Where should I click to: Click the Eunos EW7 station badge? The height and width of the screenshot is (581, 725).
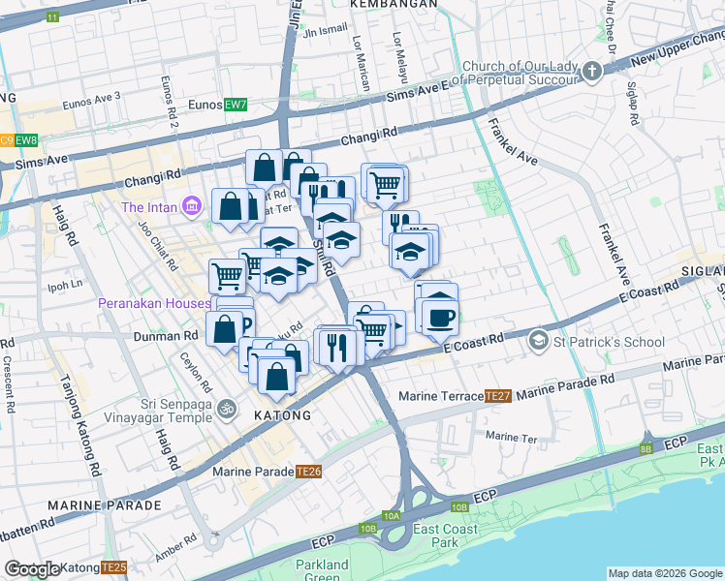(x=236, y=105)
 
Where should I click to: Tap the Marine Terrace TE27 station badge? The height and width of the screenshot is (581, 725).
(x=498, y=396)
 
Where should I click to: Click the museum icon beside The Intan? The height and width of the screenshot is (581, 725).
(x=191, y=206)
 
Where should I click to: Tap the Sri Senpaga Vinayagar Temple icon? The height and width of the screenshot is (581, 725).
(x=228, y=408)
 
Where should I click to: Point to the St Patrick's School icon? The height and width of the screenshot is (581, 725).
(x=537, y=341)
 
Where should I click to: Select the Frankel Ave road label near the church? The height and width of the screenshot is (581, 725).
(x=513, y=140)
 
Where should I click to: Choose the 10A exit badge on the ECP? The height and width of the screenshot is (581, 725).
(x=391, y=516)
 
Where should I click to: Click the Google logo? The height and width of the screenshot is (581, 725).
(x=32, y=569)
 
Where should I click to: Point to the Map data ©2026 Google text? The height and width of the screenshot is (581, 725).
(x=664, y=573)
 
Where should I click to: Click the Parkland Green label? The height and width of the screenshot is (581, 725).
(x=322, y=571)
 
